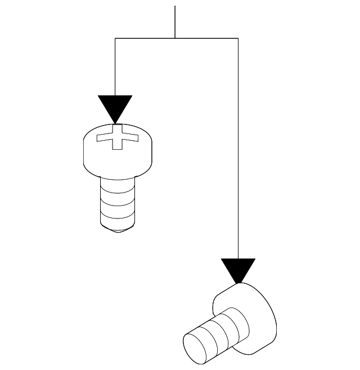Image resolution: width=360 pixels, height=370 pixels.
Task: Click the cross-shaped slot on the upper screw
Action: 116,137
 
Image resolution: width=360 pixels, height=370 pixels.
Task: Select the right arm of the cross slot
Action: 130,136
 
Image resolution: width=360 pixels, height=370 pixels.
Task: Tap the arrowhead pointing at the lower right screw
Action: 238,269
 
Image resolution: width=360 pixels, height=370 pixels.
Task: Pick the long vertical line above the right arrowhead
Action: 238,146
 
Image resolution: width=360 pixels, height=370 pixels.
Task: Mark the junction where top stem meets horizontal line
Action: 175,38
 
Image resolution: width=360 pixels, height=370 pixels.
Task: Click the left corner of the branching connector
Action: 115,38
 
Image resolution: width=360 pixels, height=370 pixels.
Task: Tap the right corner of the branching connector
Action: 238,38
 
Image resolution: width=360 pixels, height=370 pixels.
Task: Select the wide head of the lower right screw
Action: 253,315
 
